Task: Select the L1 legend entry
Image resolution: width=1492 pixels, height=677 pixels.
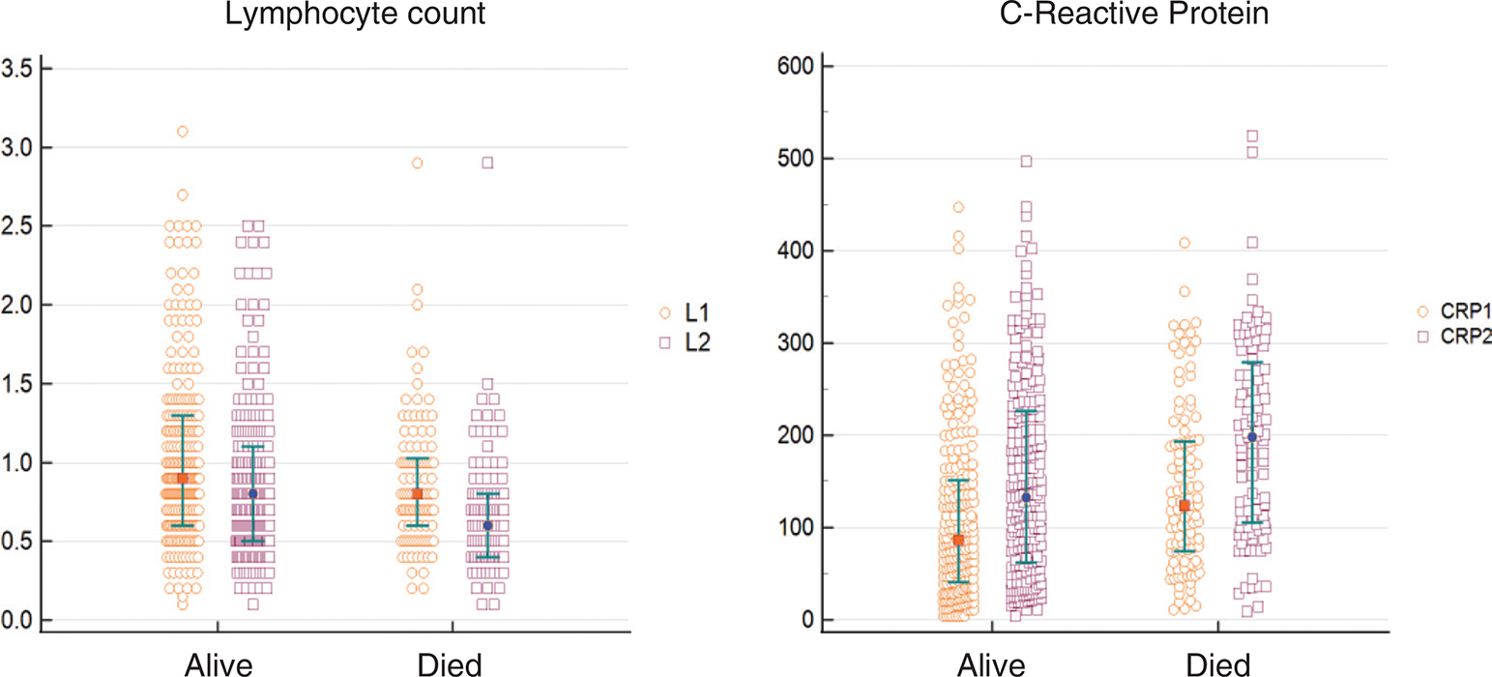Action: pos(685,313)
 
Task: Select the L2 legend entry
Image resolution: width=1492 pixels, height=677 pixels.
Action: pos(685,341)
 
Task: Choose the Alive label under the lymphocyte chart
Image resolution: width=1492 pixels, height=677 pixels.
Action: pos(219,664)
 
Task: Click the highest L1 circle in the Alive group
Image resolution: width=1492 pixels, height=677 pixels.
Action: pos(182,132)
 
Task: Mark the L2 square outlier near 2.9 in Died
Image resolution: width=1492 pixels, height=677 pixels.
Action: pos(487,162)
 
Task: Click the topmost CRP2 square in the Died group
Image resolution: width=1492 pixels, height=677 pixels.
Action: pos(1252,136)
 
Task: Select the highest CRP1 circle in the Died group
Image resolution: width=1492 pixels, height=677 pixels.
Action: pos(1185,243)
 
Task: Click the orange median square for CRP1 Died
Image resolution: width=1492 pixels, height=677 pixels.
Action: pos(1185,505)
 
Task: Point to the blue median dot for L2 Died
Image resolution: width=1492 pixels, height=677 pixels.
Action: pos(487,525)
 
